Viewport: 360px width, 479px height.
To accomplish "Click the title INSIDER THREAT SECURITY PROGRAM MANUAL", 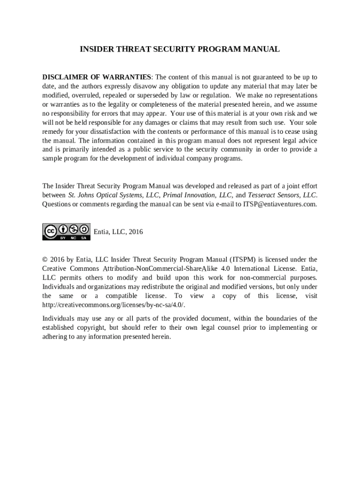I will click(180, 49).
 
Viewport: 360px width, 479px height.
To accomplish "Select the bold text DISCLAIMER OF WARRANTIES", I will click(97, 77).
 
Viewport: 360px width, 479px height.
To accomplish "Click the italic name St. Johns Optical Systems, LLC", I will click(114, 195).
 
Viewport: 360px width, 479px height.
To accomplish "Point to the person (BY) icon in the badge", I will click(63, 229).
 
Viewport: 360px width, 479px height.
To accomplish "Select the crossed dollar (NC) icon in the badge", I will click(73, 229).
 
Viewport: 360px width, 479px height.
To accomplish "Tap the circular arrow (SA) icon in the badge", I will click(84, 229).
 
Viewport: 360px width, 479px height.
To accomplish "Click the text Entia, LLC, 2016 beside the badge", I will click(118, 232).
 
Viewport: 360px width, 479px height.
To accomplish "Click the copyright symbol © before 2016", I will click(45, 260).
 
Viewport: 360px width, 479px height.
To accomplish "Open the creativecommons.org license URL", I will click(114, 305).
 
